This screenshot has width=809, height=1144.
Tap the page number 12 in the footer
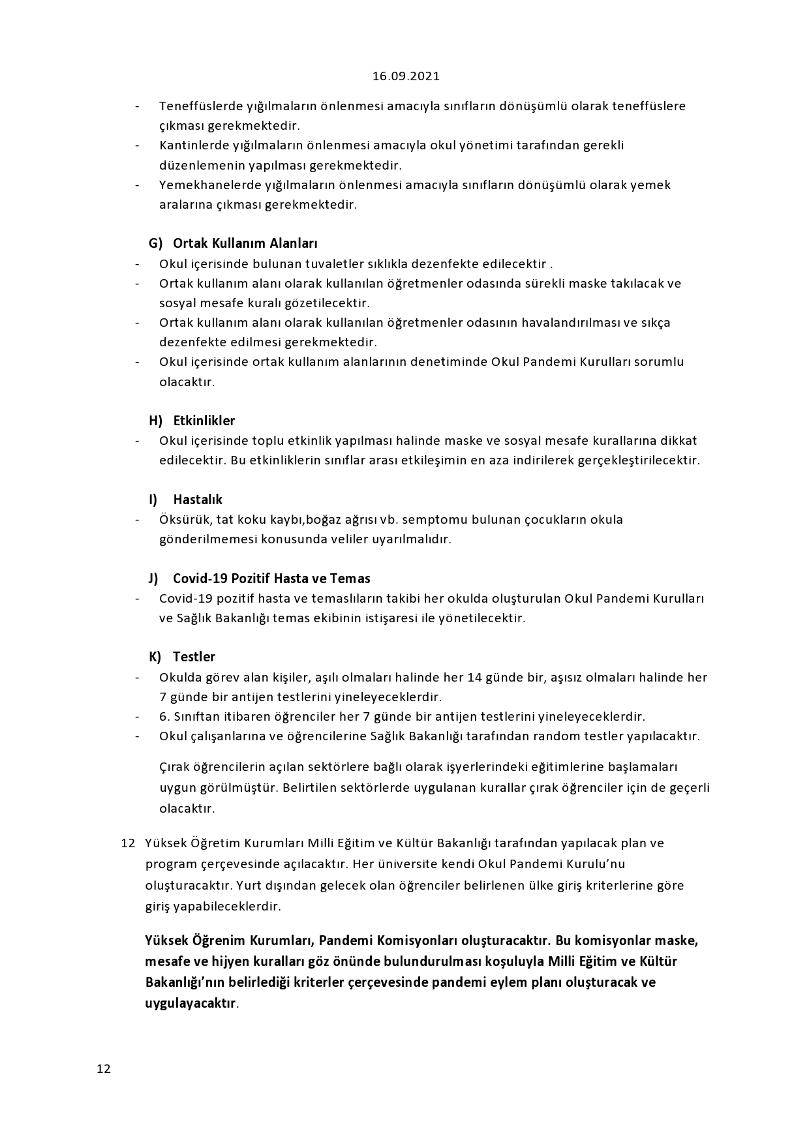104,1068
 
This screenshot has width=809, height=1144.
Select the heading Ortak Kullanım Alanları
245,243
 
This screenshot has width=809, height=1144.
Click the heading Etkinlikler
204,421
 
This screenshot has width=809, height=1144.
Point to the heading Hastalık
198,500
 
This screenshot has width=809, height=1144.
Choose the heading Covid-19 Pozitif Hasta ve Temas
271,579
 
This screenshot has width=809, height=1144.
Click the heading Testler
194,657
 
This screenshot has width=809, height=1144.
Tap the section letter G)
155,243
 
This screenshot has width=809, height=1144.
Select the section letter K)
155,657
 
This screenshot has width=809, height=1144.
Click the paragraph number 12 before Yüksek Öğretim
128,843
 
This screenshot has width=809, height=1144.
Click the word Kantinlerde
191,145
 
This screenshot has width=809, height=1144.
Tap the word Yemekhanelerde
203,185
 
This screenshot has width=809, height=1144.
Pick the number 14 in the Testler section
475,677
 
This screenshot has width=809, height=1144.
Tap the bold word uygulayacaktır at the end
190,1003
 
